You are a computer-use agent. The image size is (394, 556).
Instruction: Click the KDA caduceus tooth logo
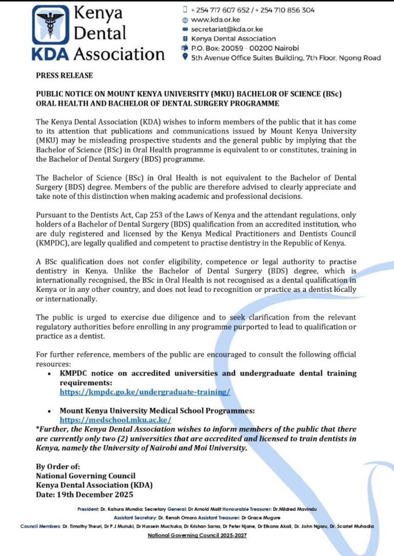(x=50, y=26)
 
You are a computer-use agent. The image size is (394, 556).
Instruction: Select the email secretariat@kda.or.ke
(x=227, y=29)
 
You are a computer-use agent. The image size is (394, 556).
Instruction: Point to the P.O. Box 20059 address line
(x=238, y=48)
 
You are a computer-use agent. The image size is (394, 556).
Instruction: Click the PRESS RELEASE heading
(x=64, y=75)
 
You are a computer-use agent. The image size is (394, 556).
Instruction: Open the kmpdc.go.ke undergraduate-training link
(x=145, y=392)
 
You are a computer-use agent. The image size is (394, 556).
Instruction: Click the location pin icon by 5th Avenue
(x=185, y=57)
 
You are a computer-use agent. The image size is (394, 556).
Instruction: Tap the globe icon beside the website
(x=185, y=20)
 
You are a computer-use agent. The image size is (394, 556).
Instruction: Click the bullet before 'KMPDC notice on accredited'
(x=49, y=374)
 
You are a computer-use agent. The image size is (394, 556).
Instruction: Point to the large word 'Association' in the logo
(x=119, y=53)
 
